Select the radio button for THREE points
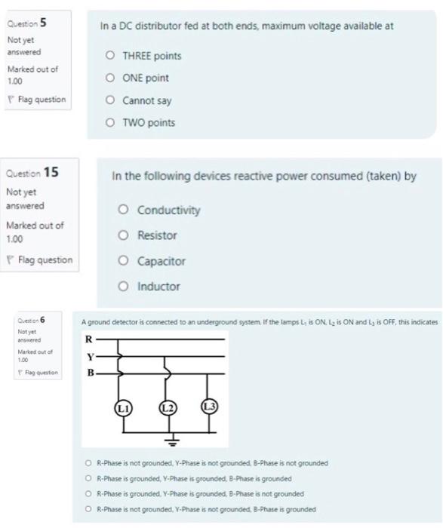pos(111,56)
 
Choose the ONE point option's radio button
pos(111,78)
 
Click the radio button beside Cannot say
pos(111,100)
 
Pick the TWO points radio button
pos(111,121)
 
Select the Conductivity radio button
pos(123,210)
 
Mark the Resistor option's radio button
pos(123,235)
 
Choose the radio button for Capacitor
pos(123,261)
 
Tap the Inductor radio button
pos(123,287)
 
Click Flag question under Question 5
pos(36,100)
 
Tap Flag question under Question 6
pos(35,373)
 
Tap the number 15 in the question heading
pos(51,172)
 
